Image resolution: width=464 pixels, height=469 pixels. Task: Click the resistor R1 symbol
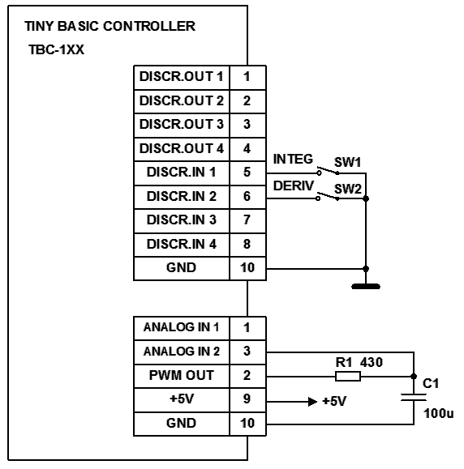click(347, 376)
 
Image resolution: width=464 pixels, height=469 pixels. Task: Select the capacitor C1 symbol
click(414, 397)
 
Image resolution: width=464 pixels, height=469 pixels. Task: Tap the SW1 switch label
click(347, 162)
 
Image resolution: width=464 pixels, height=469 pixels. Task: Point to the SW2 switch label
click(348, 189)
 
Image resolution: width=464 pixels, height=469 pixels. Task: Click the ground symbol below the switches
click(366, 286)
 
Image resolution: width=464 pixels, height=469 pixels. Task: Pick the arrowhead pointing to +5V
click(312, 402)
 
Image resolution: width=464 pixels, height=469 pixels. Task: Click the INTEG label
click(293, 159)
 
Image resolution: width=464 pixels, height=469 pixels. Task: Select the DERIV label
click(294, 185)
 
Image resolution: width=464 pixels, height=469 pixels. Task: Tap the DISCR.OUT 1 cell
click(182, 77)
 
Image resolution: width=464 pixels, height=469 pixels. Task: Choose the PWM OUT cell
click(182, 376)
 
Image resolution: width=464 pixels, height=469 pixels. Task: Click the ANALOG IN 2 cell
click(182, 352)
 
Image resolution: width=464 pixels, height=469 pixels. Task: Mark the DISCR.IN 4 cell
click(182, 245)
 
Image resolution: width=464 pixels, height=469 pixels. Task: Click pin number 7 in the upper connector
click(247, 220)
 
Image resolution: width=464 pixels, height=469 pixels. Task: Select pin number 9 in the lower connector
click(247, 399)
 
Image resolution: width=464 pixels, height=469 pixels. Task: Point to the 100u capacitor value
click(439, 413)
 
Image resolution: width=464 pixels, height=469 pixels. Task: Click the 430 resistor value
click(372, 363)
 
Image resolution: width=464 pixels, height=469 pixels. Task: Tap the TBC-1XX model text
click(56, 49)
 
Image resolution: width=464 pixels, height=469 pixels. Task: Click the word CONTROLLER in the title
click(149, 26)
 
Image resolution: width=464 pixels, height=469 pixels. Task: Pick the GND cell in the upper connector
click(182, 268)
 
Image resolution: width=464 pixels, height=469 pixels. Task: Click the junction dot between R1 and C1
click(414, 376)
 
